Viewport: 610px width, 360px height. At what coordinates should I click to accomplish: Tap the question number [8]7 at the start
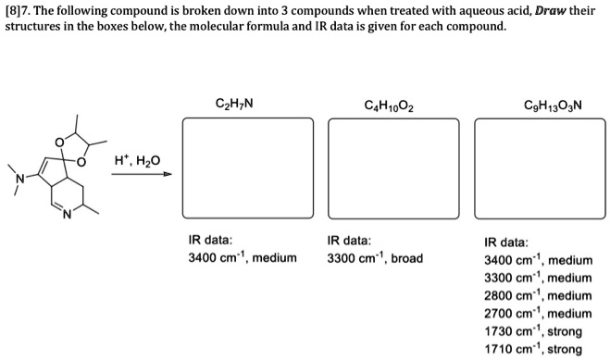19,9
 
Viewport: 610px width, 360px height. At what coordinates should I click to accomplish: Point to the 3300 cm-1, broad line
374,257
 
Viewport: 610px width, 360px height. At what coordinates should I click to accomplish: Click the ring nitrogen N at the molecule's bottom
66,218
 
